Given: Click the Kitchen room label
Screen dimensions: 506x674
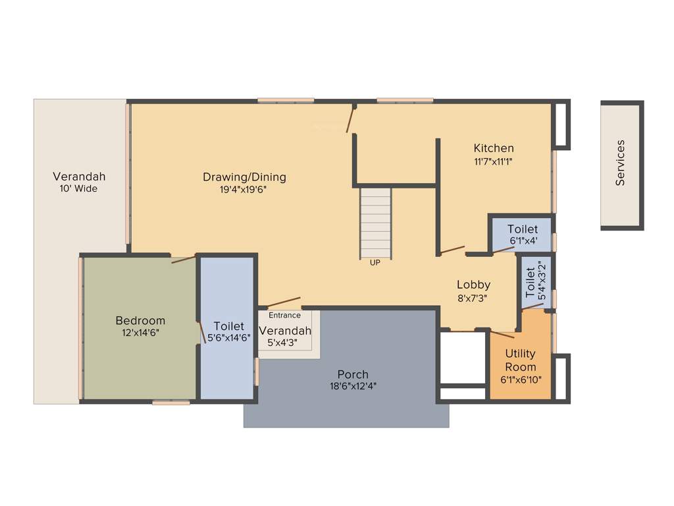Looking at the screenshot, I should (494, 148).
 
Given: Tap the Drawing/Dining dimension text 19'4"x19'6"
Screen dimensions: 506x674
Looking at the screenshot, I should (244, 190).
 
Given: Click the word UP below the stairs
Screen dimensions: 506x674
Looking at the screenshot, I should (375, 262).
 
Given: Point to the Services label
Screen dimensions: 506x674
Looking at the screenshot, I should (621, 163).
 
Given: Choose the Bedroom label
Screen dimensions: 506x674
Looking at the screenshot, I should (140, 321).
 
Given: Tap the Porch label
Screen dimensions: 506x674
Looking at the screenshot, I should (353, 374).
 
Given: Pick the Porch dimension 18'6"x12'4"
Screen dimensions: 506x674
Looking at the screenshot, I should (353, 386).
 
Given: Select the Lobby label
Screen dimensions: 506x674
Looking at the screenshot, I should (474, 285).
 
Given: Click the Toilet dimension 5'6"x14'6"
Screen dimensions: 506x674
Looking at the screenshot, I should (229, 338).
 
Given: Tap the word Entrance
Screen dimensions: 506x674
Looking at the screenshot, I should (284, 316).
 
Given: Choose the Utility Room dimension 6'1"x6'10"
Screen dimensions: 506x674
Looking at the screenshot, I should (520, 380).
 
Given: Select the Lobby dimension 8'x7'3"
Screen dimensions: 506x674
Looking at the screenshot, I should (473, 298).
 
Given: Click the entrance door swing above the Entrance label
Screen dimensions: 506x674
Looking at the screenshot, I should (284, 302).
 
